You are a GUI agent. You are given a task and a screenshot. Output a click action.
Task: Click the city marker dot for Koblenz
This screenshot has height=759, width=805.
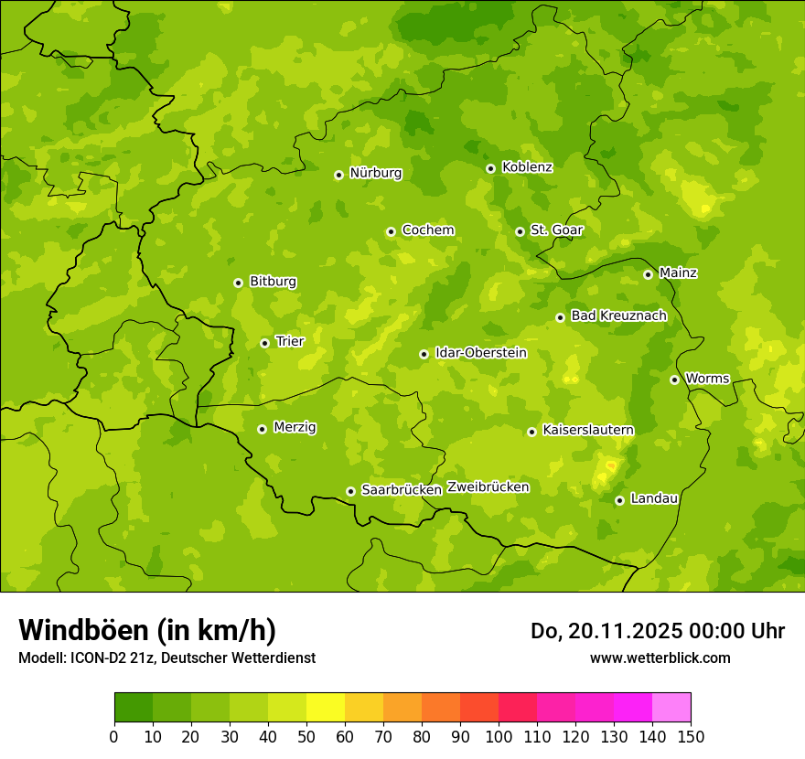pos(490,168)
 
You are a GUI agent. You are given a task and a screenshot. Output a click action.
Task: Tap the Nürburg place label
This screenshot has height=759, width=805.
pos(375,173)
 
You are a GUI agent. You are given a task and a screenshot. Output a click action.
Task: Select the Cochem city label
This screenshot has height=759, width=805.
pos(427,230)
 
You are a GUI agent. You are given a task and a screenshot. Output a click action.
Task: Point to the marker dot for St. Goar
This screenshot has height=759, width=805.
pos(520,231)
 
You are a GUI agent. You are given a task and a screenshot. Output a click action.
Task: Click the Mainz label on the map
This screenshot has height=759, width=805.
pos(678,273)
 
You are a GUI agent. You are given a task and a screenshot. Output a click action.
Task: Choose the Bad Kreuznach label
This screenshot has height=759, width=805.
pos(618,315)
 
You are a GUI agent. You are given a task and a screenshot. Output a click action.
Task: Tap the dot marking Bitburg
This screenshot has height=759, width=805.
pos(238,283)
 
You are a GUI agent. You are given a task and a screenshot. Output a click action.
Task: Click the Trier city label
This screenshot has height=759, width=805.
pos(290,341)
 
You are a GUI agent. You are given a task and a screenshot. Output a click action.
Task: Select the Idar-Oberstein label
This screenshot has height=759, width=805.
pos(481,352)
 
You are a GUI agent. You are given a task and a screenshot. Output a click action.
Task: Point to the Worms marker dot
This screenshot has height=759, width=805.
pos(674,379)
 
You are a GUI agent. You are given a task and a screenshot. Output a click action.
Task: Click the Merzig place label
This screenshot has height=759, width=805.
pos(295,427)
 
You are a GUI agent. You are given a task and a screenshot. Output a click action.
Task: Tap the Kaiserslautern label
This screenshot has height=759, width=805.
pos(588,430)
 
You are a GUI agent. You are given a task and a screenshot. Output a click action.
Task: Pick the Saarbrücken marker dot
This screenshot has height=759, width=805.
pos(350,491)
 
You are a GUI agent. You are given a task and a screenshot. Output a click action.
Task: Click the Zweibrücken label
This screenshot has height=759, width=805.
pos(488,487)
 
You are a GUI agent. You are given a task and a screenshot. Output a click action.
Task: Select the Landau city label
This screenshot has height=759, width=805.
pos(654,498)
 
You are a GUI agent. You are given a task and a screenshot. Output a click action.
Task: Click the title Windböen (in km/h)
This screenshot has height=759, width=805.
pos(147,630)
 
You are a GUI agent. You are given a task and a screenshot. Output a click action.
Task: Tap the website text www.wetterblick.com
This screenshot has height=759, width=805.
pos(660,657)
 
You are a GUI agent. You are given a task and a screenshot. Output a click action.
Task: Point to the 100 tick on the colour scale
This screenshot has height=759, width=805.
pos(499,736)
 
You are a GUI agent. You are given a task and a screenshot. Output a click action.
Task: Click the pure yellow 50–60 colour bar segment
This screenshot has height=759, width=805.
pos(326,707)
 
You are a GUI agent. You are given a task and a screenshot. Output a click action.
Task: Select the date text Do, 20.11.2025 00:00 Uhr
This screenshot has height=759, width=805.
pos(657,631)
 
